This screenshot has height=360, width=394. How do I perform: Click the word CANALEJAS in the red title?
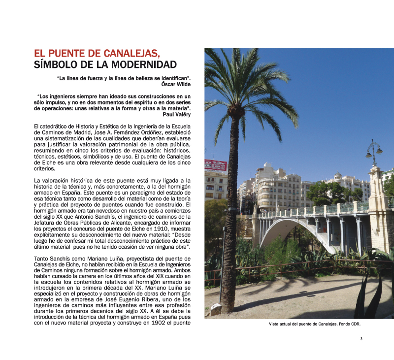[x=131, y=53]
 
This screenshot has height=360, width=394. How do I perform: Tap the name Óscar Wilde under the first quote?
[x=176, y=84]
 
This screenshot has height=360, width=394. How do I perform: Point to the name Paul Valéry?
[x=176, y=114]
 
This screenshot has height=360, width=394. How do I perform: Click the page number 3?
[x=361, y=339]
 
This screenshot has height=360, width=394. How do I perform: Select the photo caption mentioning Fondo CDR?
[x=315, y=325]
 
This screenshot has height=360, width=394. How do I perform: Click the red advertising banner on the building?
[x=215, y=164]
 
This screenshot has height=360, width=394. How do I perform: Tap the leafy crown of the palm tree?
[x=241, y=84]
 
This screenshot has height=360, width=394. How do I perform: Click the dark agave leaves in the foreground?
[x=367, y=295]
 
